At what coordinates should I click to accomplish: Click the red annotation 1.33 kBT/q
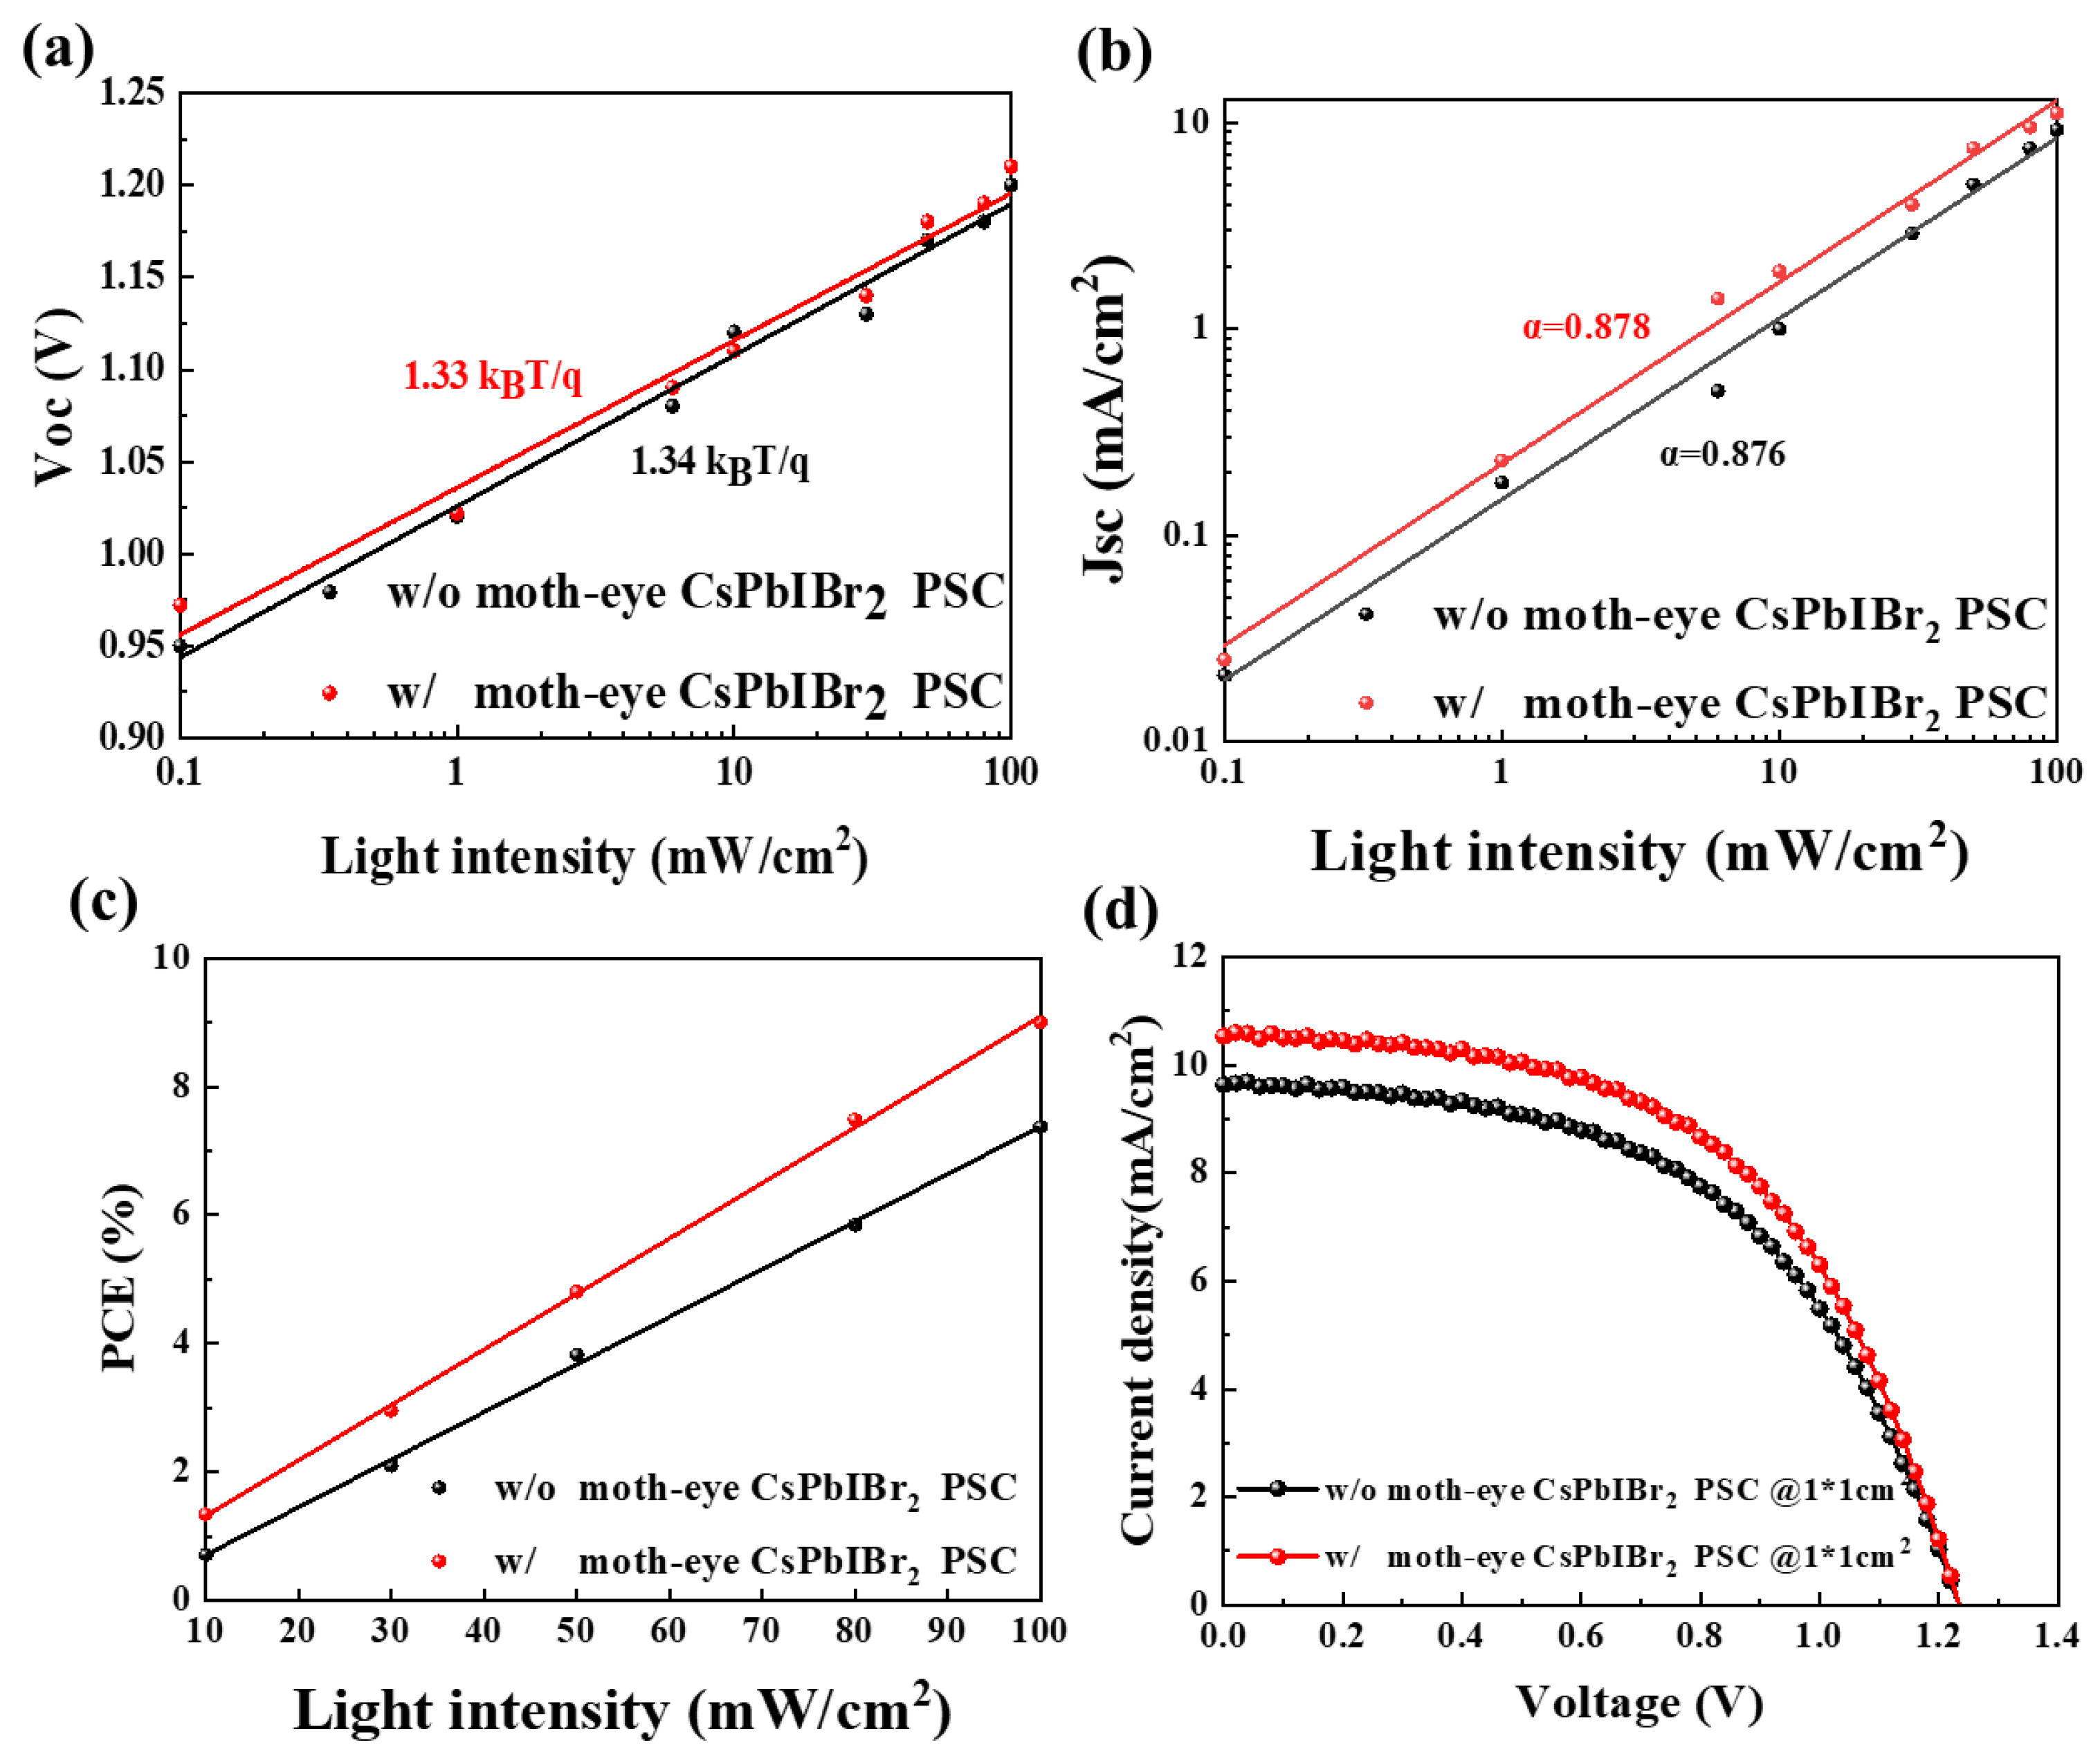[x=492, y=377]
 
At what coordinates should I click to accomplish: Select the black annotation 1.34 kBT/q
[x=719, y=463]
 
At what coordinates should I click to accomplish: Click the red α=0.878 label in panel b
[x=1585, y=327]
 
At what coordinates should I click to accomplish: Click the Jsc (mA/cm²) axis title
[x=1104, y=418]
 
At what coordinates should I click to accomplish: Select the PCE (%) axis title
[x=120, y=1277]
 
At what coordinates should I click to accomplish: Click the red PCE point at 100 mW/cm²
[x=1039, y=1021]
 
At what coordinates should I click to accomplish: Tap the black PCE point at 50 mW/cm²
[x=576, y=1355]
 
